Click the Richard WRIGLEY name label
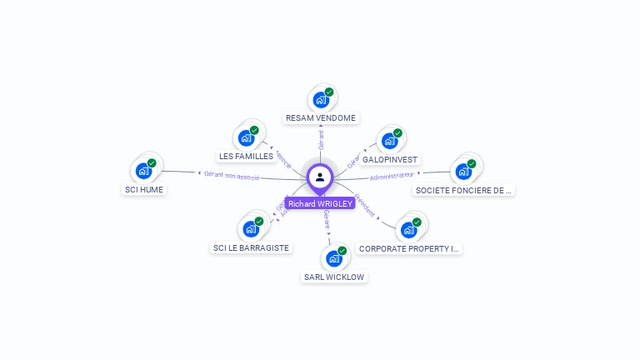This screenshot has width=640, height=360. click(x=320, y=203)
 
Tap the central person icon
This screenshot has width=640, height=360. click(x=320, y=177)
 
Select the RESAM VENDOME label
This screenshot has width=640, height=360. click(x=321, y=118)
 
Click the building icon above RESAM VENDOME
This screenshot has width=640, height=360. click(x=320, y=100)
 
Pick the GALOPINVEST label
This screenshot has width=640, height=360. click(x=390, y=159)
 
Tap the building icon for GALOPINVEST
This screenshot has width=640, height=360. click(x=389, y=141)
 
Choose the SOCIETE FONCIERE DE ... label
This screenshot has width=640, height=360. click(x=464, y=190)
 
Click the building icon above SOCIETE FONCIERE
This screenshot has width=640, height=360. click(x=463, y=172)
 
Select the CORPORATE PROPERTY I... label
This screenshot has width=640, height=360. click(x=409, y=248)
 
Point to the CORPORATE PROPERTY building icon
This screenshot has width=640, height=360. click(x=408, y=230)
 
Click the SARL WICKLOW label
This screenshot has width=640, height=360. click(x=334, y=277)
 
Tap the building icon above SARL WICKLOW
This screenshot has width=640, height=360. click(x=334, y=258)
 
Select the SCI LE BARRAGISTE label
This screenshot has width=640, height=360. click(x=251, y=247)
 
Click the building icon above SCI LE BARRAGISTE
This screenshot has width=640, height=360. click(x=250, y=229)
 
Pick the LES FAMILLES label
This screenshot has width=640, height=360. click(x=246, y=156)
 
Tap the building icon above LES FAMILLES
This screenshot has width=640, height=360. click(x=246, y=137)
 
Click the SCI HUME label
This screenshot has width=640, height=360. click(x=144, y=189)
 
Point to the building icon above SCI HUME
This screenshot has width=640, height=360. click(x=143, y=171)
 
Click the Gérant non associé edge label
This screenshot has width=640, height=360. click(x=232, y=175)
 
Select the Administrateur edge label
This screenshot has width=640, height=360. click(x=392, y=175)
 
